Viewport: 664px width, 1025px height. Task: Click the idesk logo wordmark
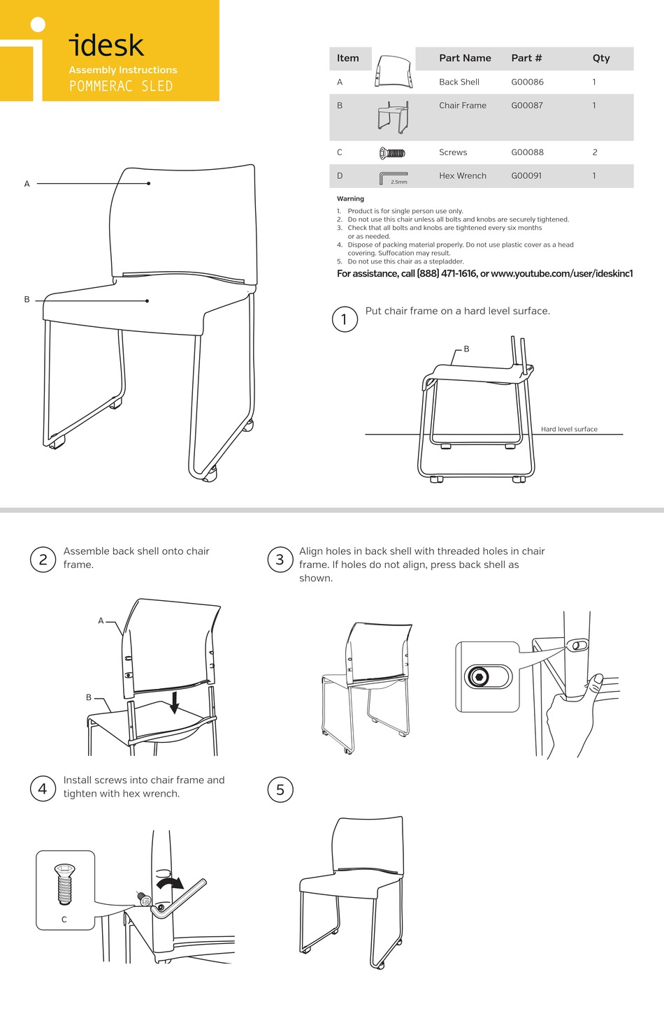[107, 46]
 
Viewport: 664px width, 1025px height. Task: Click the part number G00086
[527, 82]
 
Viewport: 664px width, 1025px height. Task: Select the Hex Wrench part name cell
[462, 176]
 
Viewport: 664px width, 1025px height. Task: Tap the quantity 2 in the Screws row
[595, 152]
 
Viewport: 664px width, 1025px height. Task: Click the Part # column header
[526, 59]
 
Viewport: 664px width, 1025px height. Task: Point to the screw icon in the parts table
[392, 153]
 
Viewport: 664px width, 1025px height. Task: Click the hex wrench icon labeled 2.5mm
[393, 177]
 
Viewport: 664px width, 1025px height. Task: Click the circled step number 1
[344, 319]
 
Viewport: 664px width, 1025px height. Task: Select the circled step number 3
[280, 560]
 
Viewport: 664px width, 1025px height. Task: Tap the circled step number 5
[280, 790]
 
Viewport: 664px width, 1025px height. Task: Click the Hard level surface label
[569, 429]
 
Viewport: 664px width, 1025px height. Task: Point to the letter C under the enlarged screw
[64, 919]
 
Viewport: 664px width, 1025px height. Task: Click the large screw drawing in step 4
[64, 884]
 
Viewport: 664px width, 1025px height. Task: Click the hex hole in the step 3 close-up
[479, 676]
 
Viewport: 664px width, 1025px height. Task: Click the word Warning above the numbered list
[350, 199]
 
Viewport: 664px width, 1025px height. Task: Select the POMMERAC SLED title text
[121, 87]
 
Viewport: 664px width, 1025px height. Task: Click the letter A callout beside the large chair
[27, 184]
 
